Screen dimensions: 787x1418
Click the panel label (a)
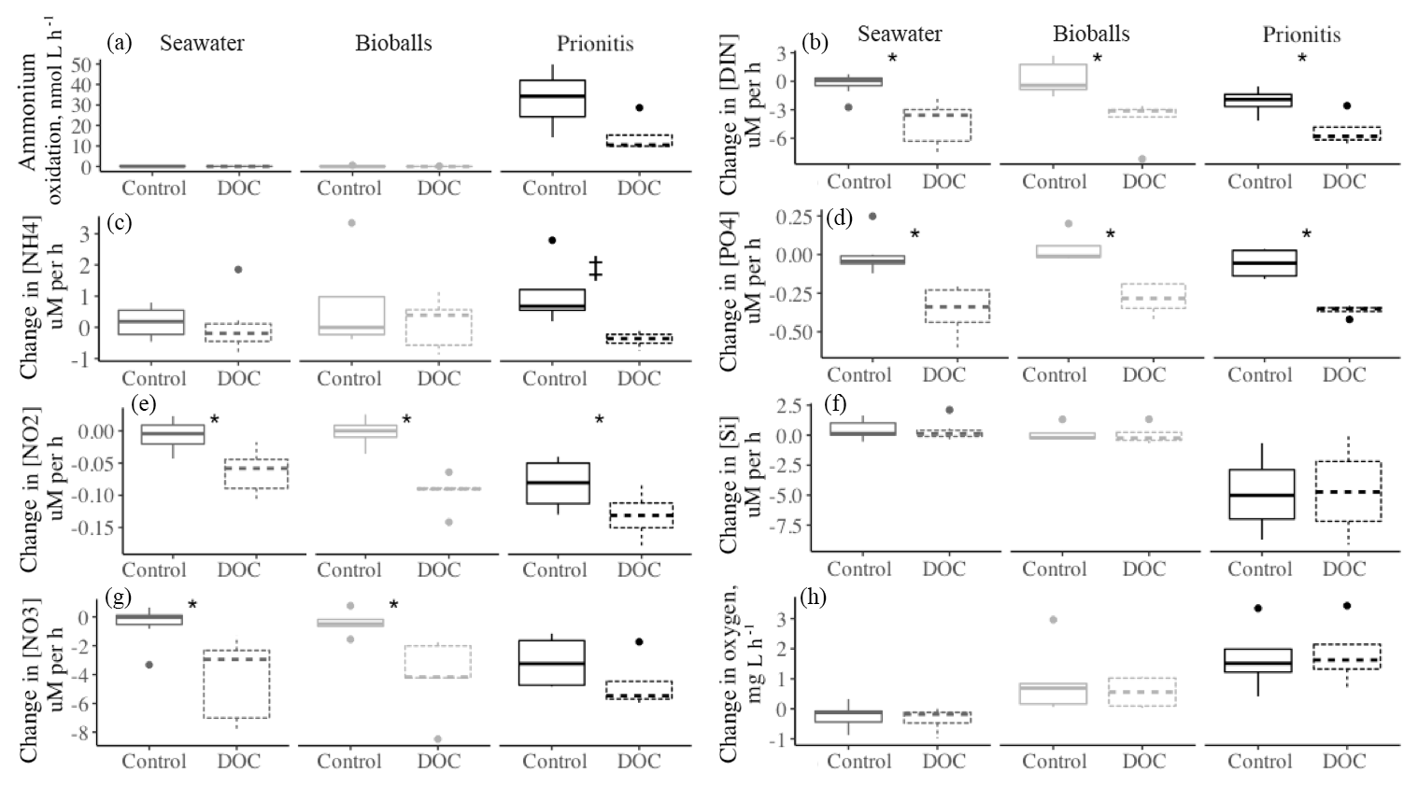point(120,42)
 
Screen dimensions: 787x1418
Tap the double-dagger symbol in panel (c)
point(595,269)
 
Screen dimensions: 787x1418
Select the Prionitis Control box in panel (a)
point(553,98)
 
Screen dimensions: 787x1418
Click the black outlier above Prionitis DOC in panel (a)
point(639,108)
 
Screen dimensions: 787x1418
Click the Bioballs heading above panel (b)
point(1091,34)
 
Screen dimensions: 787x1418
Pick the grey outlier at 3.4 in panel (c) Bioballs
point(350,223)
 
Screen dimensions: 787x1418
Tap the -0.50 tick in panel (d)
point(791,332)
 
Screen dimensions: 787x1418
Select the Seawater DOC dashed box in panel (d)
point(943,306)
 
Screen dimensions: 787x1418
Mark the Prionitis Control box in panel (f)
point(1261,494)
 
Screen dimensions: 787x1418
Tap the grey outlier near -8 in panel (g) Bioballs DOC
point(437,739)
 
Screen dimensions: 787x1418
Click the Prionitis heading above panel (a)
point(595,43)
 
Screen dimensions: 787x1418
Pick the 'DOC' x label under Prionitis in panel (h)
point(1344,761)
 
